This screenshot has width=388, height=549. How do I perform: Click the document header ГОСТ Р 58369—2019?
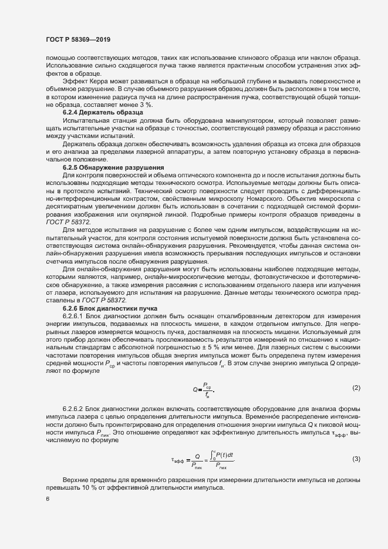[77, 39]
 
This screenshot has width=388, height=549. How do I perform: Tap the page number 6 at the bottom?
[48, 499]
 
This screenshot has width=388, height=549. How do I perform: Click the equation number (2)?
[356, 388]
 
